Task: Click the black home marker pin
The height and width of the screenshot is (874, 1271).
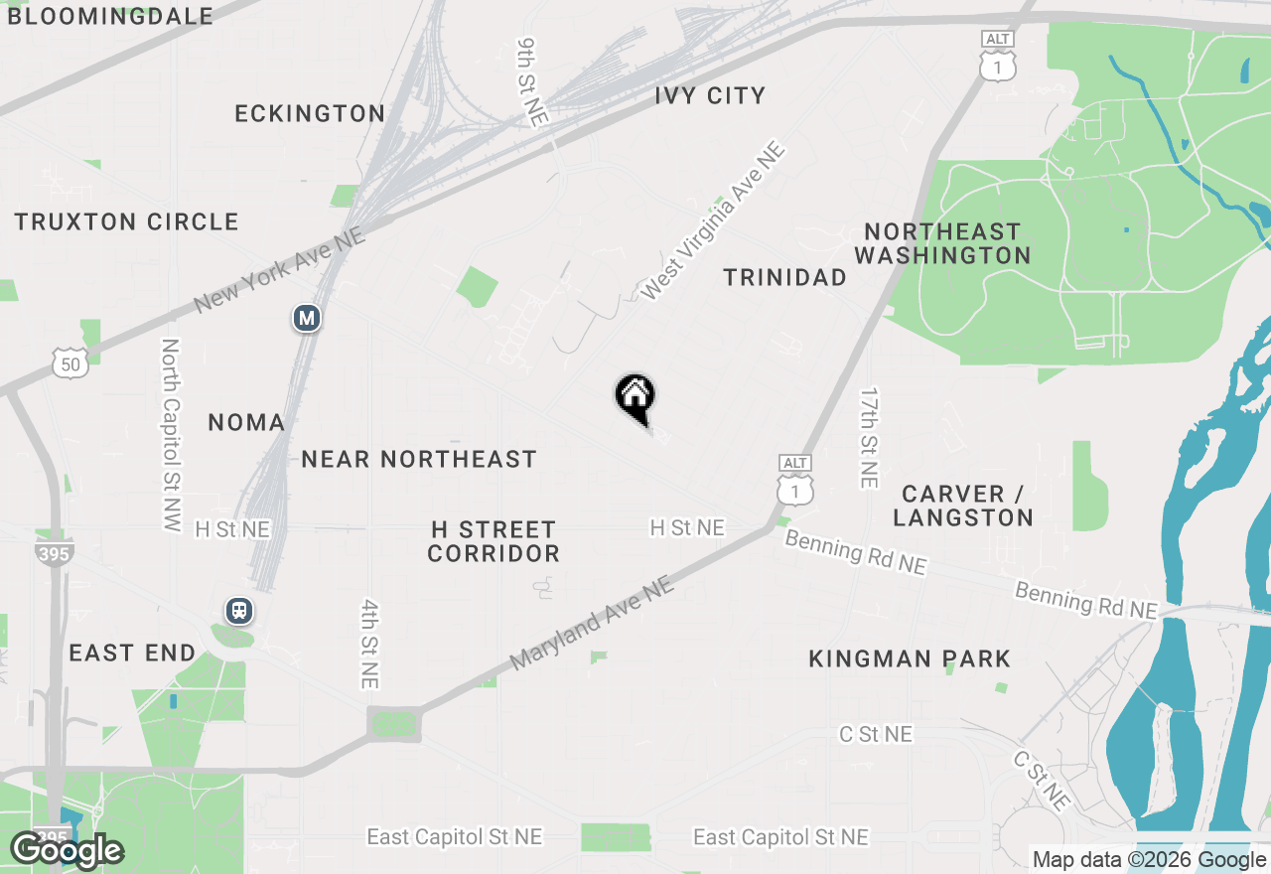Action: click(635, 398)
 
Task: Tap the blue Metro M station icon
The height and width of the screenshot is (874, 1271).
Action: click(307, 319)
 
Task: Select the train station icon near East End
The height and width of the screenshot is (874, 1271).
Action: click(238, 611)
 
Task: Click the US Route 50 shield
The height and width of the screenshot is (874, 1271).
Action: click(71, 363)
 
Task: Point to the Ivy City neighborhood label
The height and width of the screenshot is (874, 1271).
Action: click(710, 96)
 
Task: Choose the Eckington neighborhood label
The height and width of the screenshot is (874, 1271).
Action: click(310, 114)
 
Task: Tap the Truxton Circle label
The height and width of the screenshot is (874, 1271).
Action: click(126, 221)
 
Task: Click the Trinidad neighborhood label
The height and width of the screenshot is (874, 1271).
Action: click(784, 278)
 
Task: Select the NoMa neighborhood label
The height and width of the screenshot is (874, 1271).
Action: click(246, 423)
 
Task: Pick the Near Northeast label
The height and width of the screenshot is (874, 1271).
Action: click(418, 459)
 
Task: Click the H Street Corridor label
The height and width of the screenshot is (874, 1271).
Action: click(494, 541)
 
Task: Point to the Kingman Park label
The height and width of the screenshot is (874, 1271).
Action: click(910, 658)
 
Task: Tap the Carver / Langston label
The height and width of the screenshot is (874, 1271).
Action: click(963, 506)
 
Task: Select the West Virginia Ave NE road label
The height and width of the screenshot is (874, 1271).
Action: click(713, 221)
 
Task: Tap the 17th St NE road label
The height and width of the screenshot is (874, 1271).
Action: click(870, 437)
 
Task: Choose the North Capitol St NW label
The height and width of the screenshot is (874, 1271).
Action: click(171, 435)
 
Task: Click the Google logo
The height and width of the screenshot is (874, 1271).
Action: click(66, 851)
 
